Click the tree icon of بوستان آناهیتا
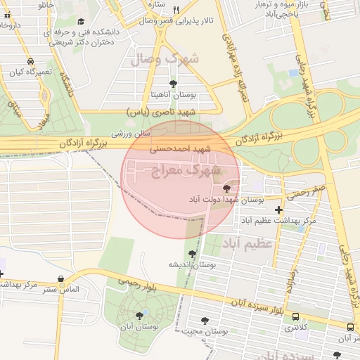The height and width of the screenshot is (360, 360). pyautogui.click(x=173, y=84)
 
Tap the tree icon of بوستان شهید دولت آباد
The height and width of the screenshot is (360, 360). pyautogui.click(x=226, y=188)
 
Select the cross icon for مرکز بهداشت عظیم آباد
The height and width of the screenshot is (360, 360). pyautogui.click(x=279, y=210)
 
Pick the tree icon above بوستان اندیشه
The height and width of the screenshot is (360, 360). pyautogui.click(x=191, y=254)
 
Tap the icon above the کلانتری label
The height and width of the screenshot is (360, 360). pyautogui.click(x=295, y=317)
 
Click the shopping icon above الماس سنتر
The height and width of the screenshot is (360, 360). pyautogui.click(x=62, y=279)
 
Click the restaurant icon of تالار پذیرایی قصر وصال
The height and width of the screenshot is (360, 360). pyautogui.click(x=176, y=10)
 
